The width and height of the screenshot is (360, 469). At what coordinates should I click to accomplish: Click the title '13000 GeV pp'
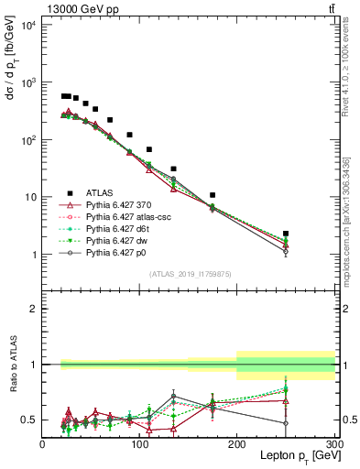tap(80, 9)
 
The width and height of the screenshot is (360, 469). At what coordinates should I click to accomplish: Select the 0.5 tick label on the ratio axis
tap(31, 420)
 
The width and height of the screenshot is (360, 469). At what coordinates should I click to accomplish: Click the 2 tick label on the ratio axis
tap(35, 309)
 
